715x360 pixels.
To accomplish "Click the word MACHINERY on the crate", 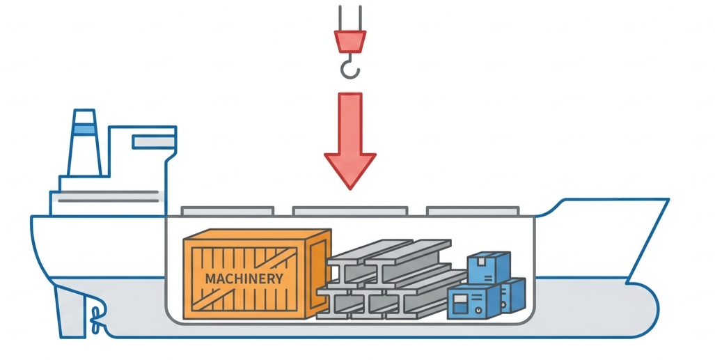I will pyautogui.click(x=244, y=279).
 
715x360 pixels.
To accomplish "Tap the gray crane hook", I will pyautogui.click(x=350, y=68).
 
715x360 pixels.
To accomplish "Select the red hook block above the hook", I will pyautogui.click(x=349, y=41).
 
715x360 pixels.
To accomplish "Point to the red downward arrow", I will pyautogui.click(x=350, y=139).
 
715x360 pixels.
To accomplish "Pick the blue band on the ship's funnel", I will pyautogui.click(x=84, y=128).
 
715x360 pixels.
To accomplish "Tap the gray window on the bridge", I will pyautogui.click(x=153, y=142).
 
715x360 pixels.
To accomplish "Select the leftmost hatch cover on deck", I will pyautogui.click(x=227, y=210).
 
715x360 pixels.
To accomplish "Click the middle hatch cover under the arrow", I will pyautogui.click(x=349, y=210).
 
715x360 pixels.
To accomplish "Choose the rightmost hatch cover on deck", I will pyautogui.click(x=473, y=210).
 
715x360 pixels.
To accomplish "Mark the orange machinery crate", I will pyautogui.click(x=255, y=276).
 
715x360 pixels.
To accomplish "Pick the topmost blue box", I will pyautogui.click(x=487, y=266).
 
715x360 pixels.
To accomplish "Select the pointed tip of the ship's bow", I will pyautogui.click(x=668, y=201).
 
